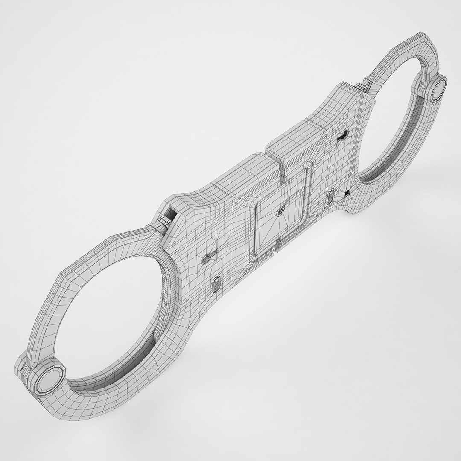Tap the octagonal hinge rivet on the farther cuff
[x=437, y=89]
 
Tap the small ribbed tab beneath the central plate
[x=278, y=245]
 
